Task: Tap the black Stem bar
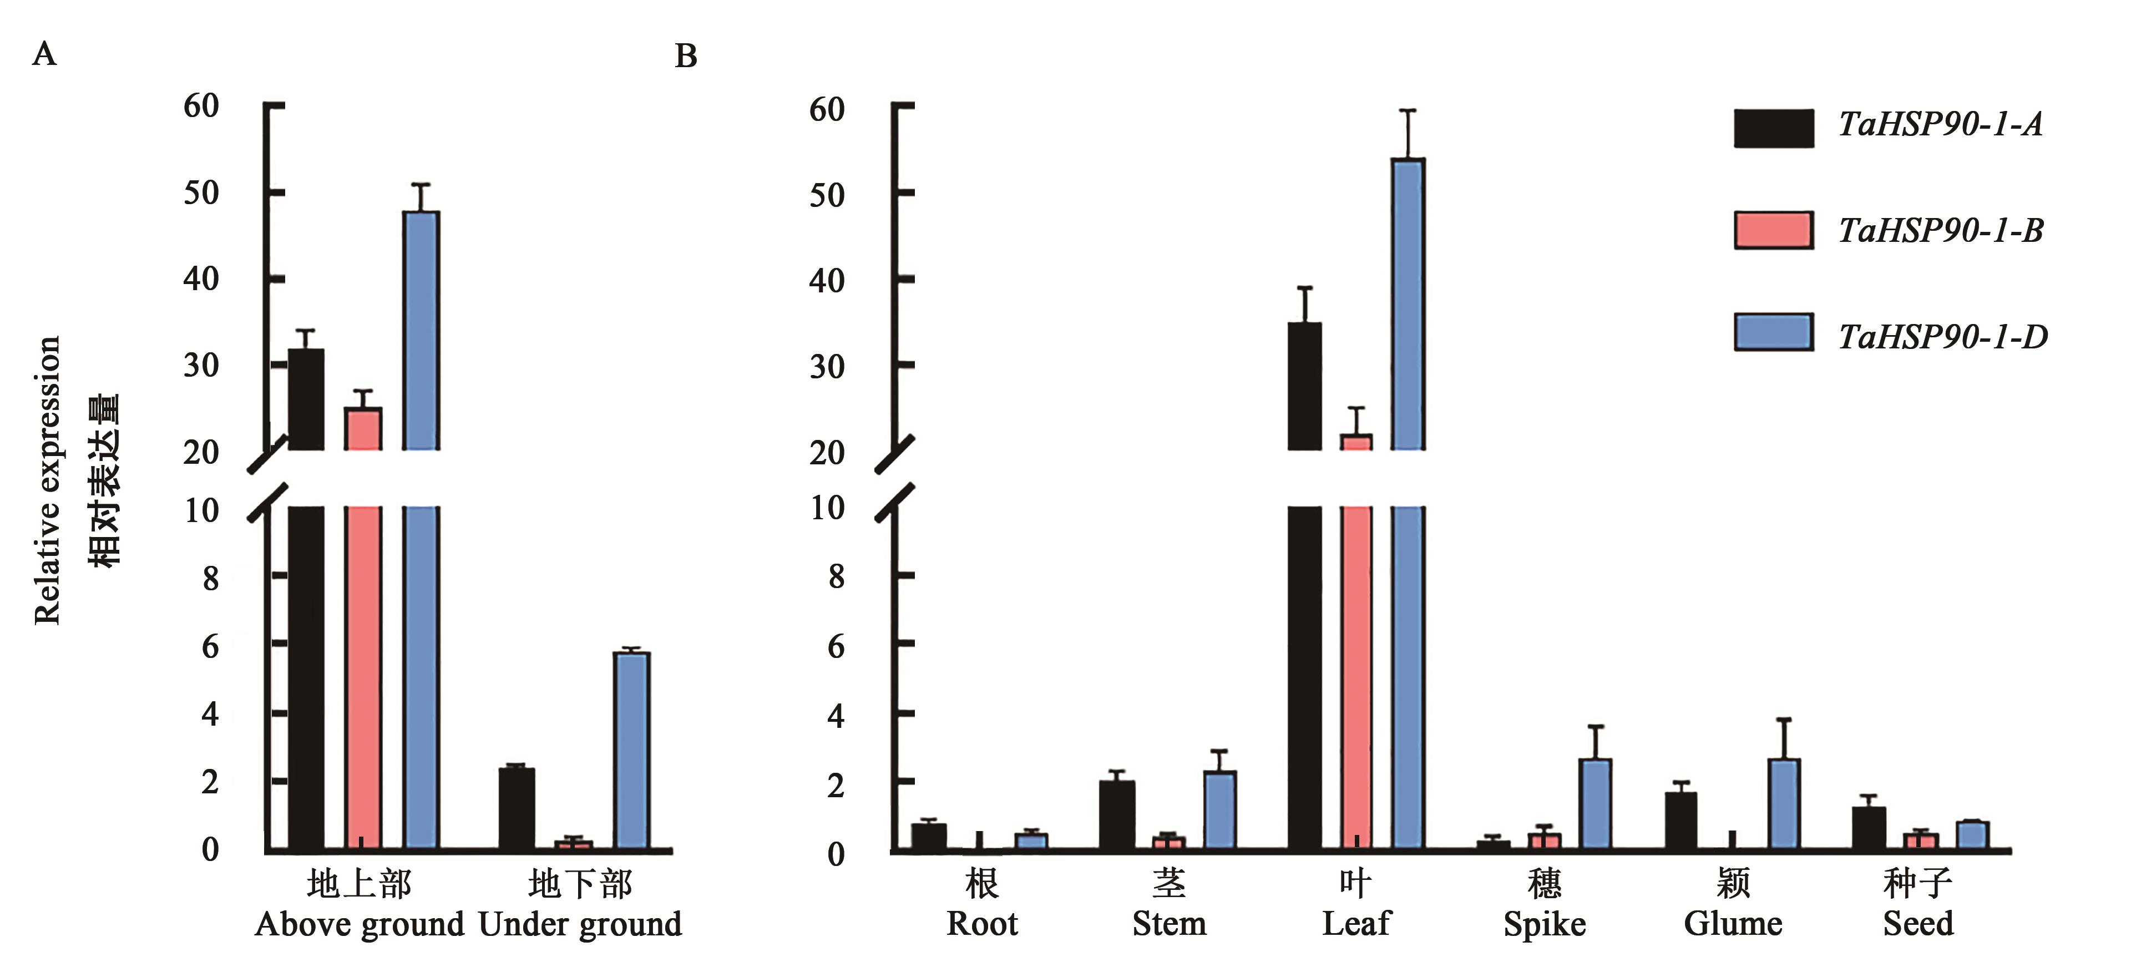(1116, 815)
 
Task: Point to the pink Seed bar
(1920, 841)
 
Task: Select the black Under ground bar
(517, 808)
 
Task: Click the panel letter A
(44, 55)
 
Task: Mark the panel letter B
(686, 57)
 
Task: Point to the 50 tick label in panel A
(201, 193)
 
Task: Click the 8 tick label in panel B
(836, 576)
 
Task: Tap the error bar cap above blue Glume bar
(1784, 720)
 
